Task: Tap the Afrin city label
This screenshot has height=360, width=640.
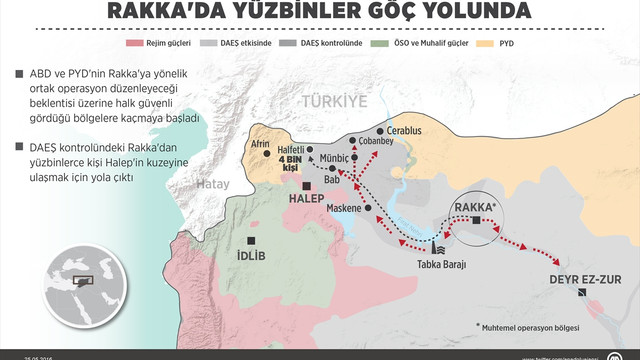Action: coord(261,143)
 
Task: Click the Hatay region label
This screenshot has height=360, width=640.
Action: coord(210,184)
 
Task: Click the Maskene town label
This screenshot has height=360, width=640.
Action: coord(346,209)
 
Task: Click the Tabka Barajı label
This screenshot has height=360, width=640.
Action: coord(442,264)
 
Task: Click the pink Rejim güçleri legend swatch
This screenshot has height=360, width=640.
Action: coord(132,44)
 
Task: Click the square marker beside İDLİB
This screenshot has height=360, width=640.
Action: coord(254,242)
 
